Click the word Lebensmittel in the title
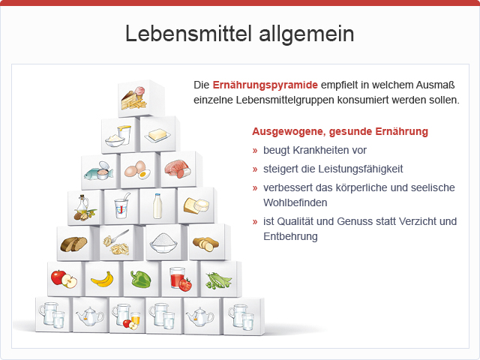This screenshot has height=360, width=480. (x=188, y=33)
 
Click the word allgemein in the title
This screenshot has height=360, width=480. (x=307, y=34)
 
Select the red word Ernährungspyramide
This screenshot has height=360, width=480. (x=265, y=85)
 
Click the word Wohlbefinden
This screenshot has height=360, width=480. (x=295, y=202)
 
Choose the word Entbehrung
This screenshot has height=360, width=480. (x=290, y=236)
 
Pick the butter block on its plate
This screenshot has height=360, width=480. (x=157, y=135)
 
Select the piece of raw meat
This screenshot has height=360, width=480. (x=178, y=168)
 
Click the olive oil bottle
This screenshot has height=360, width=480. (x=82, y=205)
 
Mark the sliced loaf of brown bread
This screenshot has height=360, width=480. (x=73, y=244)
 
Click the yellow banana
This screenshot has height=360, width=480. (x=103, y=280)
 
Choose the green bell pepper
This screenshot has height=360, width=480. (x=140, y=279)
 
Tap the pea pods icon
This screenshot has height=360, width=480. (x=218, y=280)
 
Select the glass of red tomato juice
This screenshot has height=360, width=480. (x=177, y=277)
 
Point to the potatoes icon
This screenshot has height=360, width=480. (x=205, y=244)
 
